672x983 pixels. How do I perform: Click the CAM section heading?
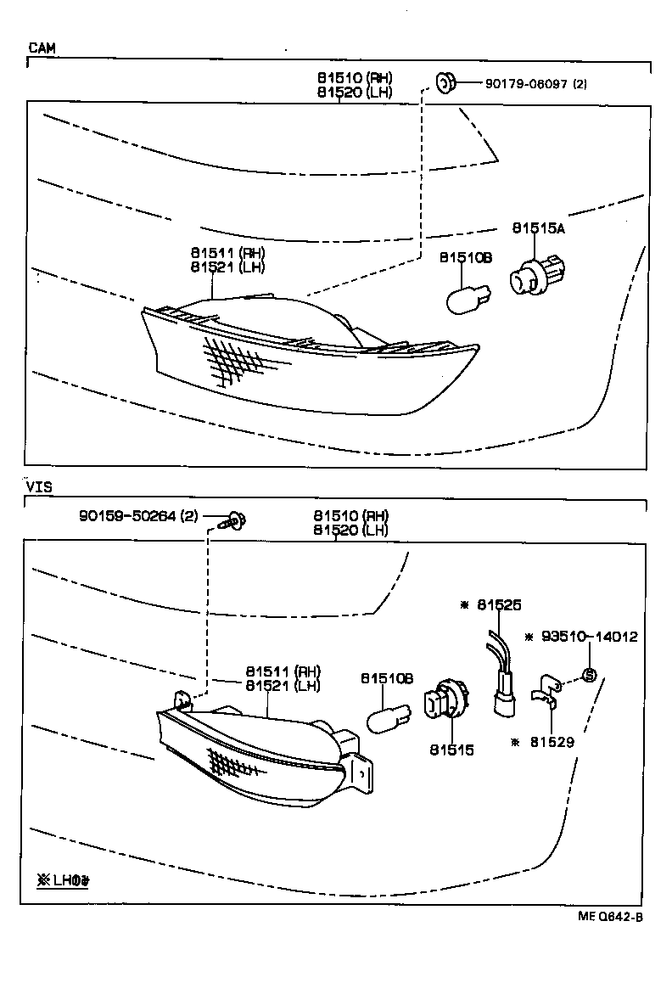(42, 48)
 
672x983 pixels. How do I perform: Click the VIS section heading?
(39, 487)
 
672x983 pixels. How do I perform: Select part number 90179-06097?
(527, 83)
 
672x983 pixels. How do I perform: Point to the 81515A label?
(538, 228)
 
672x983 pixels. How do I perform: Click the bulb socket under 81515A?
(535, 275)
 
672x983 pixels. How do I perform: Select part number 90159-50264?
(128, 515)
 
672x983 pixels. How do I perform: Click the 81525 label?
(498, 604)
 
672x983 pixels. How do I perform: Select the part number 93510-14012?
(589, 637)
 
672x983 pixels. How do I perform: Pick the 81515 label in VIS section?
(451, 750)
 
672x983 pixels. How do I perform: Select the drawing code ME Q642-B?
(610, 916)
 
